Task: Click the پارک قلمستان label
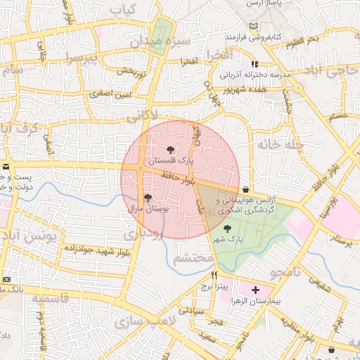169,162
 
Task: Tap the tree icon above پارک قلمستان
169,149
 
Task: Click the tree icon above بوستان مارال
147,198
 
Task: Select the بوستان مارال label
146,210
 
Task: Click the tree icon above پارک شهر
226,228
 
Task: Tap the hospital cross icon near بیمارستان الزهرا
255,290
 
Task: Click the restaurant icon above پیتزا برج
214,275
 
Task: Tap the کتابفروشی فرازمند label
253,35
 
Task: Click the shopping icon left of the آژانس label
245,190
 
